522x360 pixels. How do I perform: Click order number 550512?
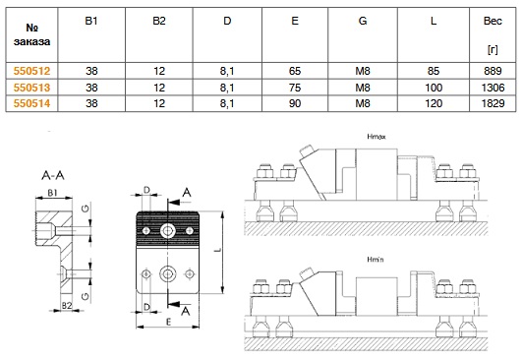31,71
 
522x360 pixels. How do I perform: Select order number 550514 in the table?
31,103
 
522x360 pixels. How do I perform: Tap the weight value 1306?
493,88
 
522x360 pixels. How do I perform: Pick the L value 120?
434,103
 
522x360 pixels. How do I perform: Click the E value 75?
295,88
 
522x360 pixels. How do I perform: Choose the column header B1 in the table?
91,21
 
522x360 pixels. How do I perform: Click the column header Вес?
493,21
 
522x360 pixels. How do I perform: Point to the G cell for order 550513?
363,88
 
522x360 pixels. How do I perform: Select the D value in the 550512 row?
227,71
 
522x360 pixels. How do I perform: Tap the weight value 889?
493,71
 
